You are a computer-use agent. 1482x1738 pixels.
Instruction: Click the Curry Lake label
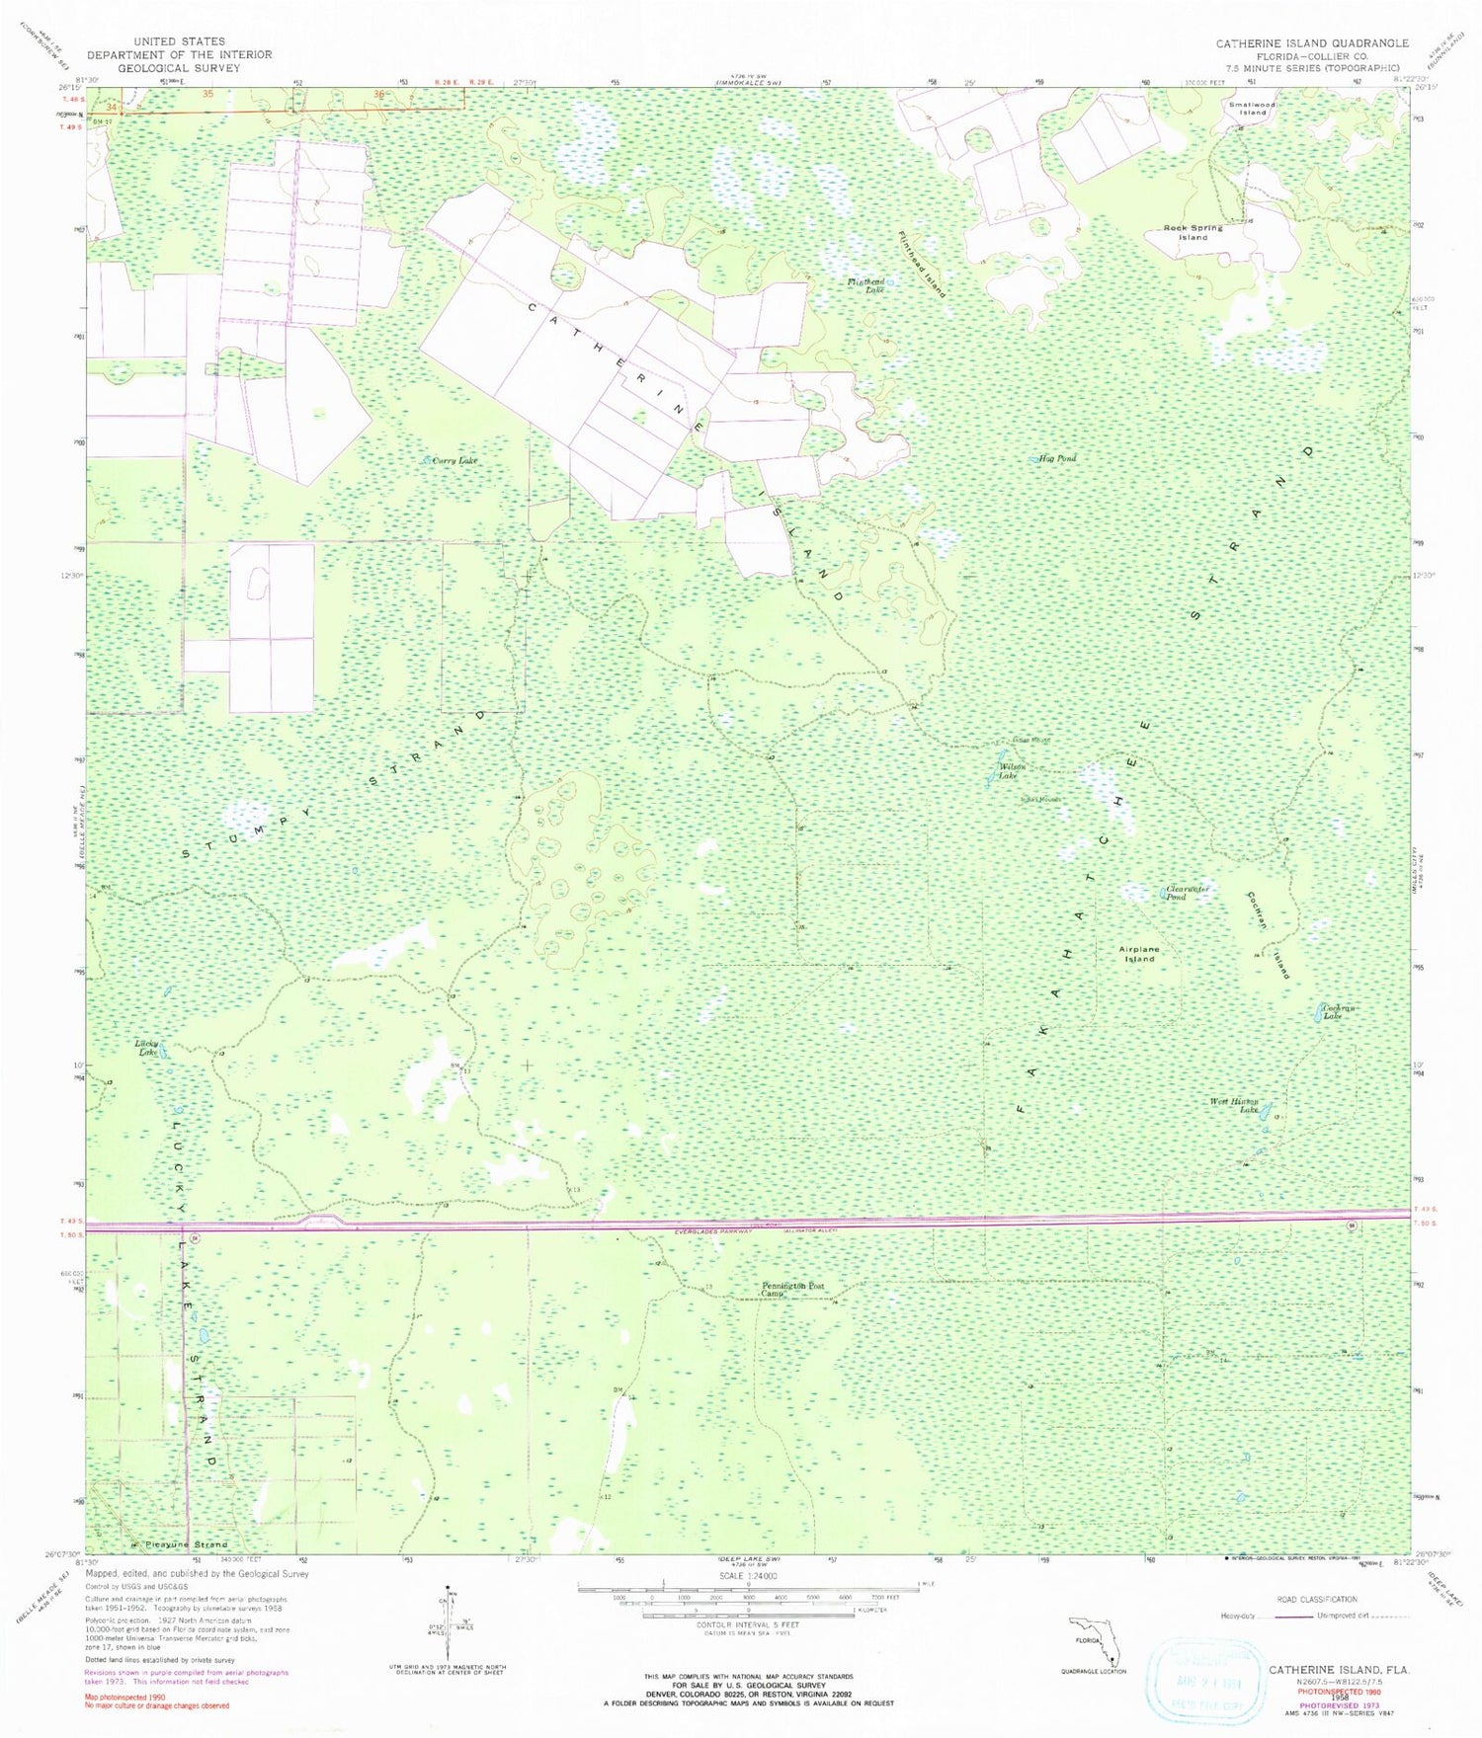(454, 460)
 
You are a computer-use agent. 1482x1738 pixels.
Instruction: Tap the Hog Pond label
(1058, 458)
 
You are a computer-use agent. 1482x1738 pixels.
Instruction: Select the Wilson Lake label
(1012, 771)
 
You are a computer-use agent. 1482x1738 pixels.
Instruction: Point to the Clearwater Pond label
(1188, 893)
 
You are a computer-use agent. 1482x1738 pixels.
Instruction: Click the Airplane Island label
(1139, 954)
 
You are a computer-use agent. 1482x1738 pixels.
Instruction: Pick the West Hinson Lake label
(1235, 1105)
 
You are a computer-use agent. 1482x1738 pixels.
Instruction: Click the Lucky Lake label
(147, 1048)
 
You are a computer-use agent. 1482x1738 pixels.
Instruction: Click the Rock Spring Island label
(1193, 232)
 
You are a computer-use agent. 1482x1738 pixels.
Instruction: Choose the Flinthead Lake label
(866, 285)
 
